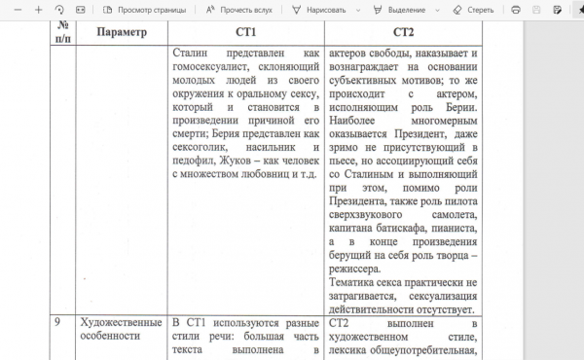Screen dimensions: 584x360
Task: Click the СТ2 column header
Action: click(405, 31)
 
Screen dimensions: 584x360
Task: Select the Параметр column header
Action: click(122, 31)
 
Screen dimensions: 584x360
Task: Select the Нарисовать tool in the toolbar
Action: click(319, 9)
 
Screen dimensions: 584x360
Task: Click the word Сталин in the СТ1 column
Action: click(192, 54)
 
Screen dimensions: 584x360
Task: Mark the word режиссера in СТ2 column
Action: click(362, 267)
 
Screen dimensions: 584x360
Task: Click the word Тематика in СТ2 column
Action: click(355, 282)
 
